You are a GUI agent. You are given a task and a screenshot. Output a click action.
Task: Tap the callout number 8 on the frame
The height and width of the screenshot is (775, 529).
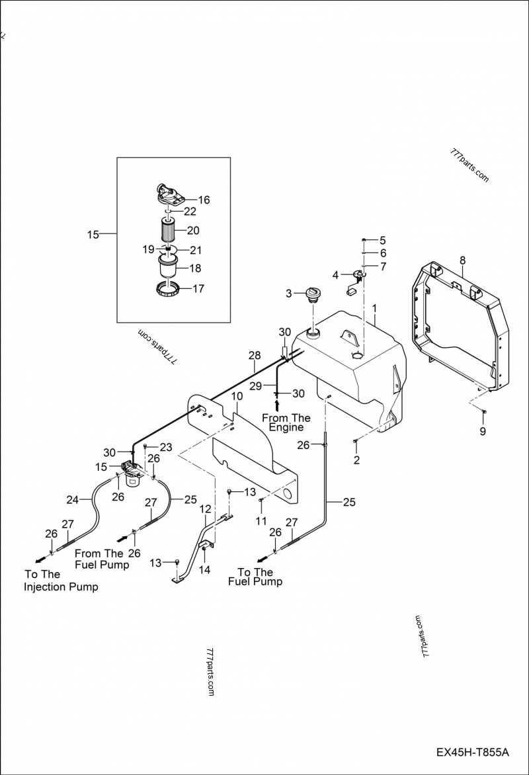(x=462, y=261)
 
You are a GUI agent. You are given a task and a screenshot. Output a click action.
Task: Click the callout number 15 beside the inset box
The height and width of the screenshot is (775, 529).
(x=93, y=234)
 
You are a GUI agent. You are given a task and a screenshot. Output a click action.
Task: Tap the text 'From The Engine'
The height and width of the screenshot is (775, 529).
(x=286, y=423)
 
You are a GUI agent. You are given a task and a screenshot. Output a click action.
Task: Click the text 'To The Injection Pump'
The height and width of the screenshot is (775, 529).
(x=61, y=581)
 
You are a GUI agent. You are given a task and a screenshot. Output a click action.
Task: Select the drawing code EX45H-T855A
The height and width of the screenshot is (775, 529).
(x=472, y=753)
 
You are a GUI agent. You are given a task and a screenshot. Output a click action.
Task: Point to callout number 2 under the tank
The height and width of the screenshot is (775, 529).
(x=356, y=460)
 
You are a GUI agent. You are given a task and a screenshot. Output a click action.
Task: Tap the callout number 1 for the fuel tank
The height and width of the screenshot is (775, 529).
(x=374, y=308)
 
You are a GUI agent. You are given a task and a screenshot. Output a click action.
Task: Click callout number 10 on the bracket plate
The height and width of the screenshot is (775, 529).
(x=237, y=396)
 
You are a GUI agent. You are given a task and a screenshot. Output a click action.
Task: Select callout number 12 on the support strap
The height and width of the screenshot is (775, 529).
(x=206, y=509)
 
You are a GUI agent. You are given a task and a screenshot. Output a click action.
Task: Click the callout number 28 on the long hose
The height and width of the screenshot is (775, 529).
(x=255, y=356)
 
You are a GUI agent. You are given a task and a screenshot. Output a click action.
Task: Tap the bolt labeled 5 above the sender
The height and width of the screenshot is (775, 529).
(x=364, y=239)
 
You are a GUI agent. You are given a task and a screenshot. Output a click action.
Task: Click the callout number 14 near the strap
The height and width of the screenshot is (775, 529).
(x=206, y=568)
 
